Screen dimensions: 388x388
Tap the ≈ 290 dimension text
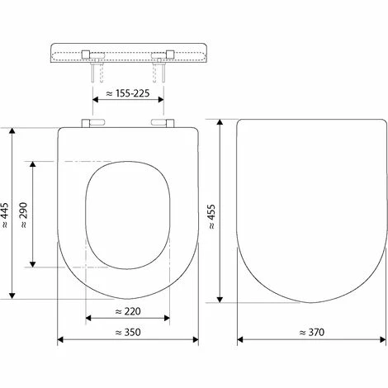tap(24, 212)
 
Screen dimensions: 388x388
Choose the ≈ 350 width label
tap(128, 333)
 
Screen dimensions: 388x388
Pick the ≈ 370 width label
tap(311, 333)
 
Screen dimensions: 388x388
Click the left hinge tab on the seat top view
tap(90, 125)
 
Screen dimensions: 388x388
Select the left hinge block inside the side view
tap(89, 54)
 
